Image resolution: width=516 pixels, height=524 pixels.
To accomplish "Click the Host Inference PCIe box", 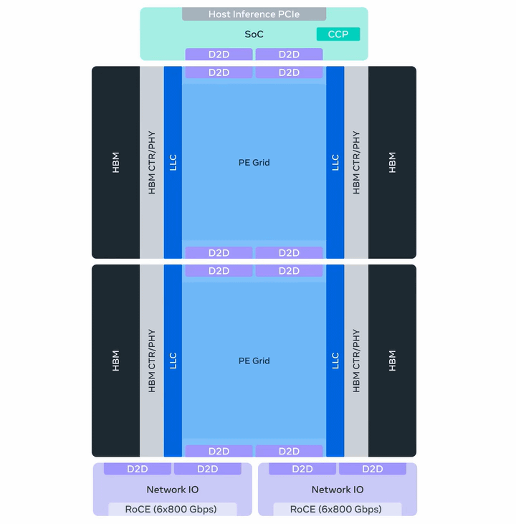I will [x=254, y=14].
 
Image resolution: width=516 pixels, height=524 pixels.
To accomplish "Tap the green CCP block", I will [x=338, y=34].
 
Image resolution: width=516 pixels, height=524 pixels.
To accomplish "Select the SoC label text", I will [x=254, y=34].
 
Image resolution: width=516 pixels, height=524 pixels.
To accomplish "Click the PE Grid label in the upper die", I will [x=254, y=163].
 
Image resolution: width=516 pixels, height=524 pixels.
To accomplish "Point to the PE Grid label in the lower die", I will [x=254, y=361].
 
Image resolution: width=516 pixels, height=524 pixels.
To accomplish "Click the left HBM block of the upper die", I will [x=115, y=163].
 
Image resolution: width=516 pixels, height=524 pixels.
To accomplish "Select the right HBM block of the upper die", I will [x=392, y=163].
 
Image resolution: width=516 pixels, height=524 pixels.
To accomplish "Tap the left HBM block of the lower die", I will [x=115, y=361].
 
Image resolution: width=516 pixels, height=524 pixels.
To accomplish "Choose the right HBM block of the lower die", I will [x=392, y=361].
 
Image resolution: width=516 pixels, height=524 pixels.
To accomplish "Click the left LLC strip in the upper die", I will [x=173, y=163].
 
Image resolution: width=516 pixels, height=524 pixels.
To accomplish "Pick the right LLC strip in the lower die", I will [x=335, y=361].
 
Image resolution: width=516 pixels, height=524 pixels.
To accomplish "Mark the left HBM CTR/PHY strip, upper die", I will [x=151, y=163].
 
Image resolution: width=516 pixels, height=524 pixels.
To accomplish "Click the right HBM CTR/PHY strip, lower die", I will [x=356, y=361].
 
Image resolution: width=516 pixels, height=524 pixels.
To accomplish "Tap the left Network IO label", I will [x=173, y=490].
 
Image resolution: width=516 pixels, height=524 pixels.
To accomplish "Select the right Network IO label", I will [x=338, y=490].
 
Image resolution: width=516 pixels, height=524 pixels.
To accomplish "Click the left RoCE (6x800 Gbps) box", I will [x=173, y=509].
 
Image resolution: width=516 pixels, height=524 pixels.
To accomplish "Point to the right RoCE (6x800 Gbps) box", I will [x=338, y=509].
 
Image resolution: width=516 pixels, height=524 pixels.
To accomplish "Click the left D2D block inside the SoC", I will [x=219, y=54].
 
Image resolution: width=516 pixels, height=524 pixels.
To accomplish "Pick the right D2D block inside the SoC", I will [x=289, y=54].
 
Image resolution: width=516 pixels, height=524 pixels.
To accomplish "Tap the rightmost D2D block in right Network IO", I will [x=373, y=469].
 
